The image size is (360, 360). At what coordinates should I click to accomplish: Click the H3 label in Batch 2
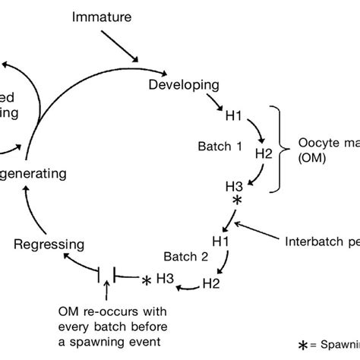click(165, 279)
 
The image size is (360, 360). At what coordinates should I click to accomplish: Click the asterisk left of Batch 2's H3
click(145, 281)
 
